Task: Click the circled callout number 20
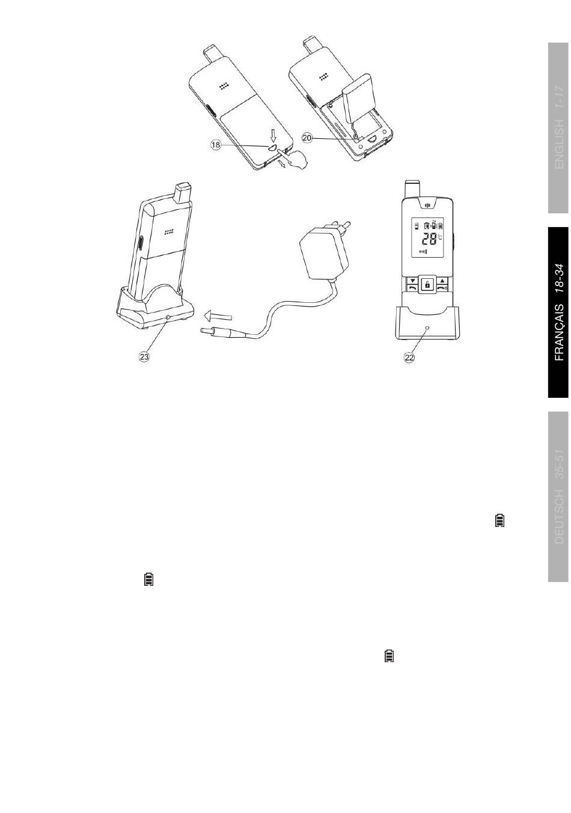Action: (x=307, y=138)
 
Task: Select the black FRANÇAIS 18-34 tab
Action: (x=558, y=312)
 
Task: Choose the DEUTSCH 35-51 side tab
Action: (x=558, y=496)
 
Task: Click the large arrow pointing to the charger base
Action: (x=216, y=314)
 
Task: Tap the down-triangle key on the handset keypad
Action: (x=413, y=280)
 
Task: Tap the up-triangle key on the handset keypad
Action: (x=442, y=280)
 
